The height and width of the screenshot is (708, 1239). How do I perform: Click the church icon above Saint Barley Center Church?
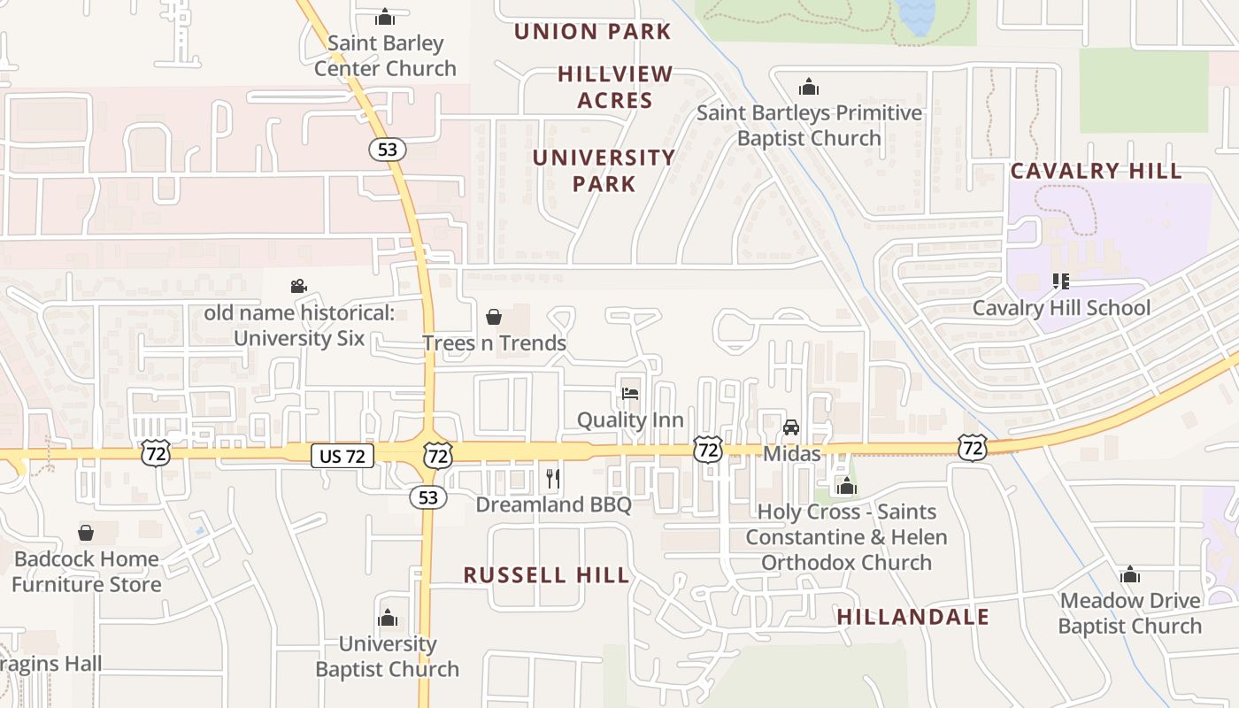coord(385,17)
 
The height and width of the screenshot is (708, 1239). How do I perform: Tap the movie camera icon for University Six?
coord(298,286)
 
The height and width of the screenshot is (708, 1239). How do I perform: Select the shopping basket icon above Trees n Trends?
coord(494,317)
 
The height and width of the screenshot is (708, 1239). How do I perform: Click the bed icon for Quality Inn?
coord(630,393)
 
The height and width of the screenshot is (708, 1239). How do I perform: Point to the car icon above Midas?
coord(791,427)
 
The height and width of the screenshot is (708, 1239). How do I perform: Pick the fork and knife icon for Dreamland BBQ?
coord(553,479)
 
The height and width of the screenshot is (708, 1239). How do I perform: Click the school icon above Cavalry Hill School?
coord(1060,281)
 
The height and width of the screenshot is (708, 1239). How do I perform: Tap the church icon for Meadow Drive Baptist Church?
coord(1129,574)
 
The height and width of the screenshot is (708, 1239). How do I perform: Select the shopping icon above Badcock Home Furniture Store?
coord(86,533)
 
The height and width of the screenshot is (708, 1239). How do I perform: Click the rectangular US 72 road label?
coord(342,456)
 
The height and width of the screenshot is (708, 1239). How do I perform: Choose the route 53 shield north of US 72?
coord(387,150)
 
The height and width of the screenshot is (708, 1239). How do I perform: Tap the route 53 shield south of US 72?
coord(428,497)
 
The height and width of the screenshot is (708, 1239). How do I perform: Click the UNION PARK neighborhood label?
coord(592,32)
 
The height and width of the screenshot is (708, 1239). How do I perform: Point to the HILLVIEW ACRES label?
coord(615,87)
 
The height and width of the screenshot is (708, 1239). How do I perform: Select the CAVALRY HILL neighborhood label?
coord(1096,171)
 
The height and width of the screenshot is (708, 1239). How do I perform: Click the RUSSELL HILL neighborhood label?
coord(546,575)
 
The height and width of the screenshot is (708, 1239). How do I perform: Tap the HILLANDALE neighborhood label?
coord(912,617)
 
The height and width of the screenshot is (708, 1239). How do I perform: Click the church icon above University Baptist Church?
coord(388,618)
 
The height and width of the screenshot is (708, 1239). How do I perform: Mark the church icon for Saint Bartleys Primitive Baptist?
coord(808,87)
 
